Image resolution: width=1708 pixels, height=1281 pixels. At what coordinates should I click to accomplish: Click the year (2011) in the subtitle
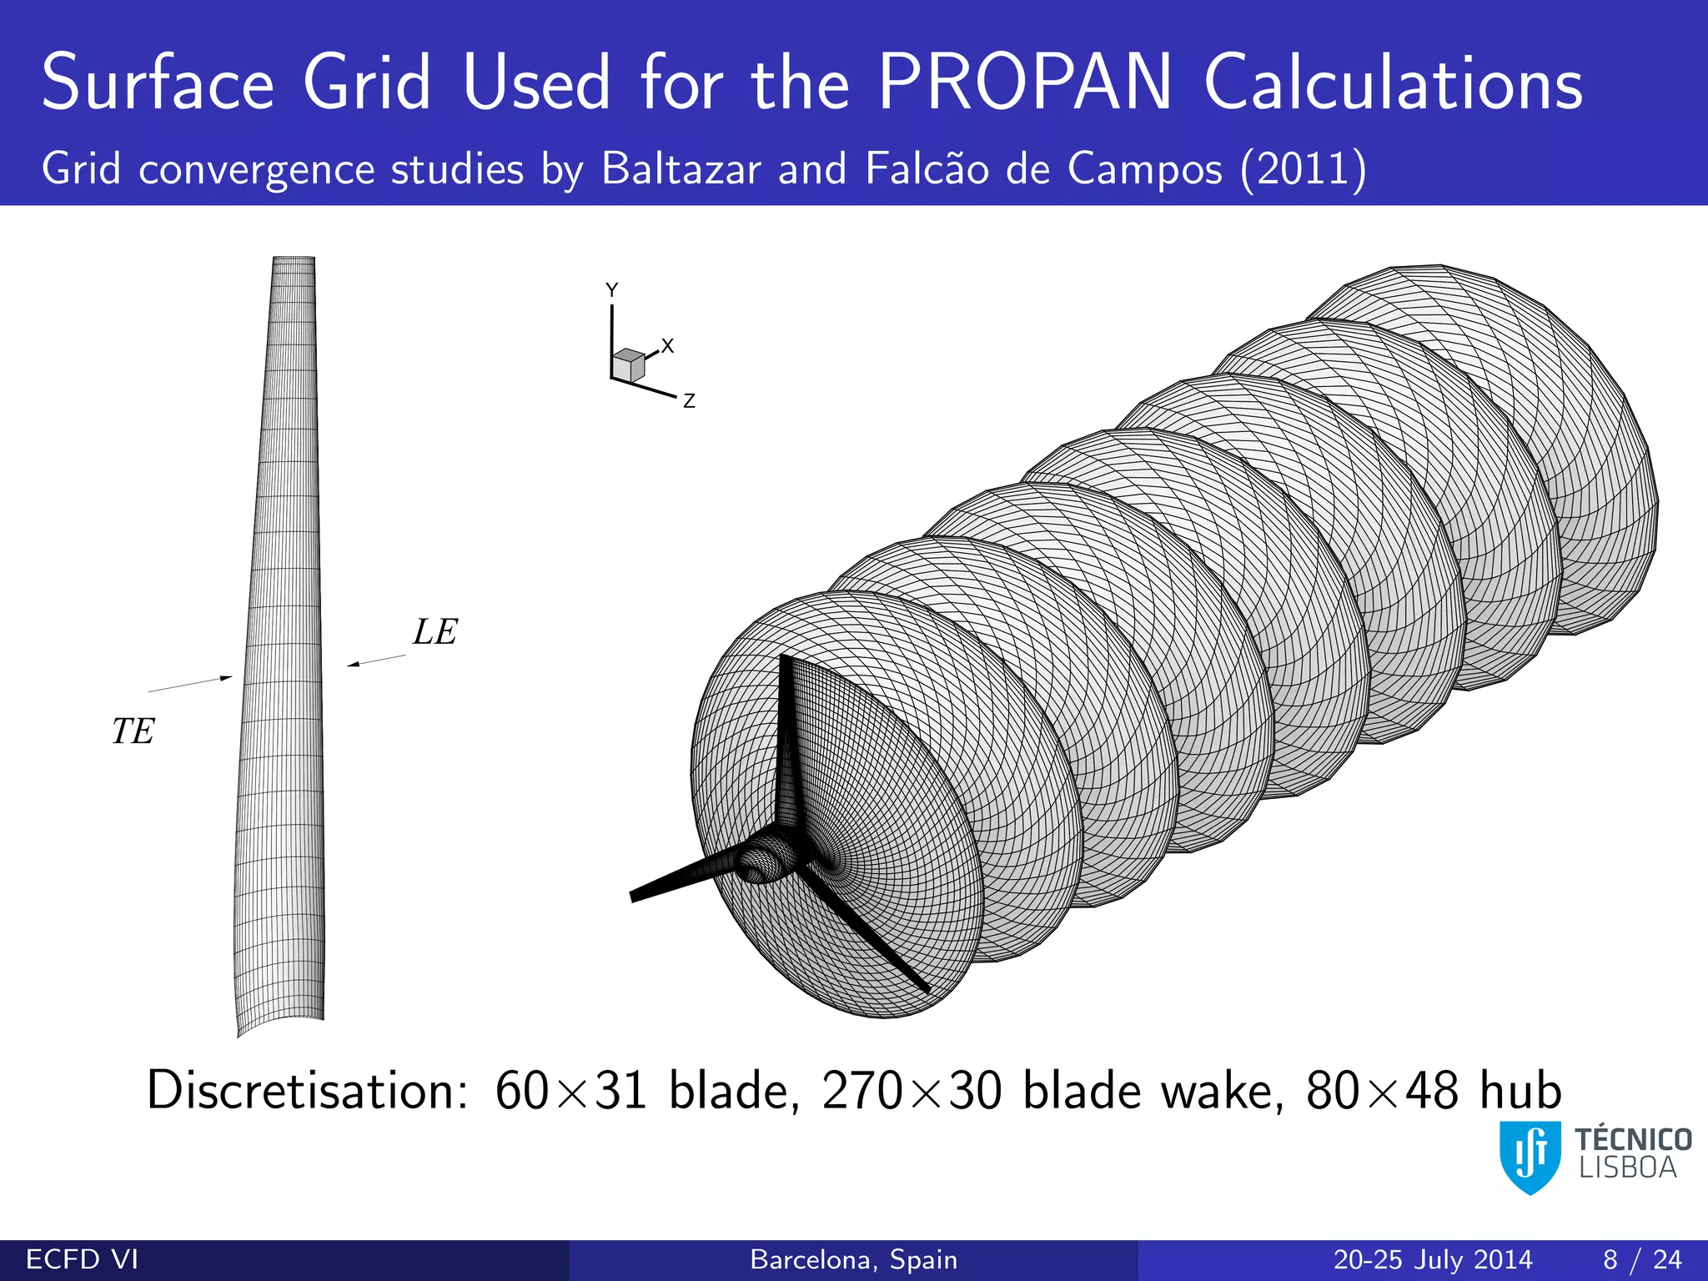pos(1303,169)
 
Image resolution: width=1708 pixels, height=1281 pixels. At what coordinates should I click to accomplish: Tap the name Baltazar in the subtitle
pos(681,169)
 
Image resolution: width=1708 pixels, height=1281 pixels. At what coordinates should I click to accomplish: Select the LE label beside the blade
pos(435,632)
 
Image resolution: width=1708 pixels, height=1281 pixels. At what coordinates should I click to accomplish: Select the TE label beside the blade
pos(133,731)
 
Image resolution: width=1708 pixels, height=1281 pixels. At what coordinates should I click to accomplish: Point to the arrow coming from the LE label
pos(376,661)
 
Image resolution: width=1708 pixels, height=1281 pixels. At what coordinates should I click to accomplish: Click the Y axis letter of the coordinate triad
pos(611,290)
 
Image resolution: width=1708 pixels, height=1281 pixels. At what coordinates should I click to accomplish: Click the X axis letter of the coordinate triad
pos(667,345)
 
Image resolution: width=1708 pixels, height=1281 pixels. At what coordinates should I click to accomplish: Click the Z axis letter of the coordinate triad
pos(689,401)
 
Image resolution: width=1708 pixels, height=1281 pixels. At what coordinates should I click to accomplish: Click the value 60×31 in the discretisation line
pos(570,1090)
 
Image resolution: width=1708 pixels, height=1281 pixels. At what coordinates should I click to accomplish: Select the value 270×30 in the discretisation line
pos(911,1090)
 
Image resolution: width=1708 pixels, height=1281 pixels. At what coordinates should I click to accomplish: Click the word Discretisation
pos(307,1090)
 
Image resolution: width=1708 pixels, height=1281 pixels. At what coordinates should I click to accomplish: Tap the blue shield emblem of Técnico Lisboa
pos(1530,1156)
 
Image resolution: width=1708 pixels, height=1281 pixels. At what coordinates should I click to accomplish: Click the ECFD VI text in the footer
pos(82,1259)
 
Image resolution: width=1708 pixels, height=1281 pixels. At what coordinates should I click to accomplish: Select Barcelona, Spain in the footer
pos(853,1259)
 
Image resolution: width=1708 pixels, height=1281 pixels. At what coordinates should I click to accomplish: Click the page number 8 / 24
pos(1641,1259)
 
